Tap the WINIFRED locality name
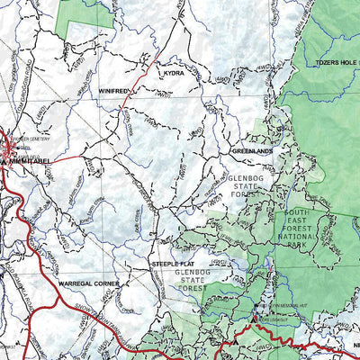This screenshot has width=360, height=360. pos(114,91)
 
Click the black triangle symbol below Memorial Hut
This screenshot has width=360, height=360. pos(262,317)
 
